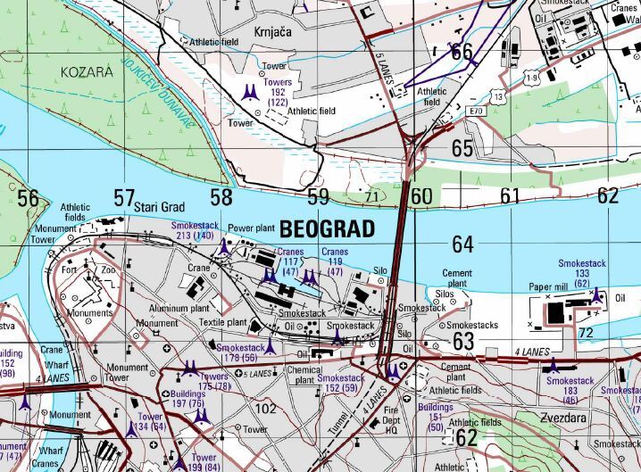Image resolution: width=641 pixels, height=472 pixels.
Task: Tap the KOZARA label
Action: click(x=87, y=70)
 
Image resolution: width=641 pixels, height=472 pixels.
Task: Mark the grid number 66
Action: click(x=462, y=52)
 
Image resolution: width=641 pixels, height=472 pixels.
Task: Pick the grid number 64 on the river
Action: click(x=462, y=244)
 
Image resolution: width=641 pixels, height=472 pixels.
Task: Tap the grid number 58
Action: click(x=221, y=197)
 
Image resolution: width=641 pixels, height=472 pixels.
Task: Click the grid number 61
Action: click(x=509, y=196)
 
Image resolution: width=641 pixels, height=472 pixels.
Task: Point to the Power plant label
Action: click(x=253, y=228)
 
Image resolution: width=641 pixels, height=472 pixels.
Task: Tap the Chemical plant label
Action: click(x=304, y=375)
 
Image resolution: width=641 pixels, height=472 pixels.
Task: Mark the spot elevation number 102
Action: click(x=265, y=408)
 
